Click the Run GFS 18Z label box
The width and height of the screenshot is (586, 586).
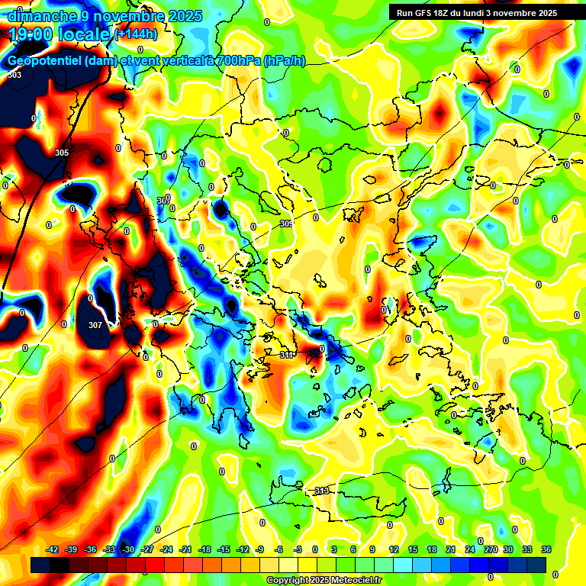pyautogui.click(x=477, y=13)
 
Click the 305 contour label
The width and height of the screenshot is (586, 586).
pyautogui.click(x=62, y=153)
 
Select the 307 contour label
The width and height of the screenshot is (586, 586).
pyautogui.click(x=95, y=325)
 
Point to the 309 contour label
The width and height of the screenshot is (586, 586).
pyautogui.click(x=285, y=224)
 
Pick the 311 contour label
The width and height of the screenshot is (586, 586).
pyautogui.click(x=286, y=355)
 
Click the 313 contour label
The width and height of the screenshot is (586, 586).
pyautogui.click(x=320, y=491)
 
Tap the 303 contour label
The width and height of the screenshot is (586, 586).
pyautogui.click(x=14, y=75)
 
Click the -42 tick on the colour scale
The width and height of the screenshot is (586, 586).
pyautogui.click(x=53, y=549)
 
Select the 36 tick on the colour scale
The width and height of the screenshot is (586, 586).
pyautogui.click(x=546, y=549)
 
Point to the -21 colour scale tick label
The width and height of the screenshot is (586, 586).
pyautogui.click(x=185, y=549)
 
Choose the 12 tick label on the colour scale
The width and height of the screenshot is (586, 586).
pyautogui.click(x=394, y=549)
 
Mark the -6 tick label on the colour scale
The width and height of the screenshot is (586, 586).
pyautogui.click(x=279, y=549)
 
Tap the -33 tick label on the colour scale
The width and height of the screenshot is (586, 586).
pyautogui.click(x=109, y=549)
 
